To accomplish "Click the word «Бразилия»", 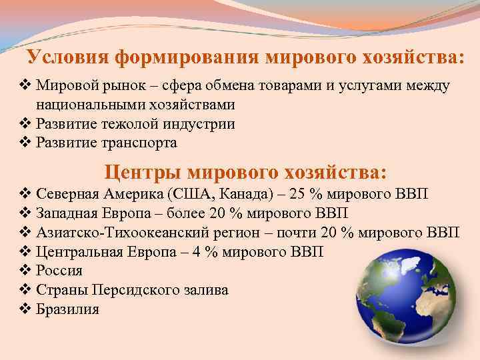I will [x=67, y=309].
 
